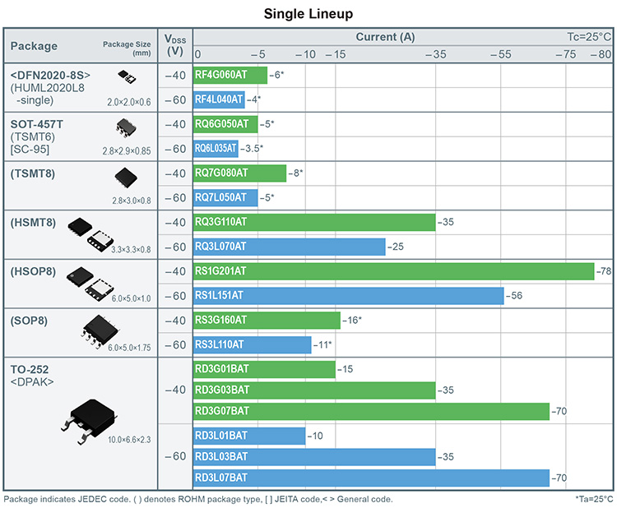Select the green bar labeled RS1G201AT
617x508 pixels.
pyautogui.click(x=393, y=271)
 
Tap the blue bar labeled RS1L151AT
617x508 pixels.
pyautogui.click(x=348, y=296)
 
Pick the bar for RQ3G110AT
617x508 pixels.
pyautogui.click(x=313, y=222)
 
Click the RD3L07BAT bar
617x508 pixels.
pyautogui.click(x=370, y=478)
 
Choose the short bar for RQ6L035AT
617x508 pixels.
pyautogui.click(x=215, y=149)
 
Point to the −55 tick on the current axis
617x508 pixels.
pyautogui.click(x=500, y=54)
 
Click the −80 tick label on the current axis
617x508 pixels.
pyautogui.click(x=602, y=54)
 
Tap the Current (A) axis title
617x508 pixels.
pyautogui.click(x=385, y=37)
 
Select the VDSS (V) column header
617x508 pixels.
pyautogui.click(x=174, y=45)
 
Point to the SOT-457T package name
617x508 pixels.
pyautogui.click(x=37, y=124)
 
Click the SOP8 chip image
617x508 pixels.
pyautogui.click(x=101, y=328)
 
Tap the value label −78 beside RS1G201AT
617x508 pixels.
pyautogui.click(x=604, y=271)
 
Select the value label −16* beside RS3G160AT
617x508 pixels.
pyautogui.click(x=351, y=321)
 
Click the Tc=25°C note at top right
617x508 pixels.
pyautogui.click(x=588, y=37)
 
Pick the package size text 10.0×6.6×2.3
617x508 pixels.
pyautogui.click(x=129, y=441)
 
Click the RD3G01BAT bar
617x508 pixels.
pyautogui.click(x=263, y=369)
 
